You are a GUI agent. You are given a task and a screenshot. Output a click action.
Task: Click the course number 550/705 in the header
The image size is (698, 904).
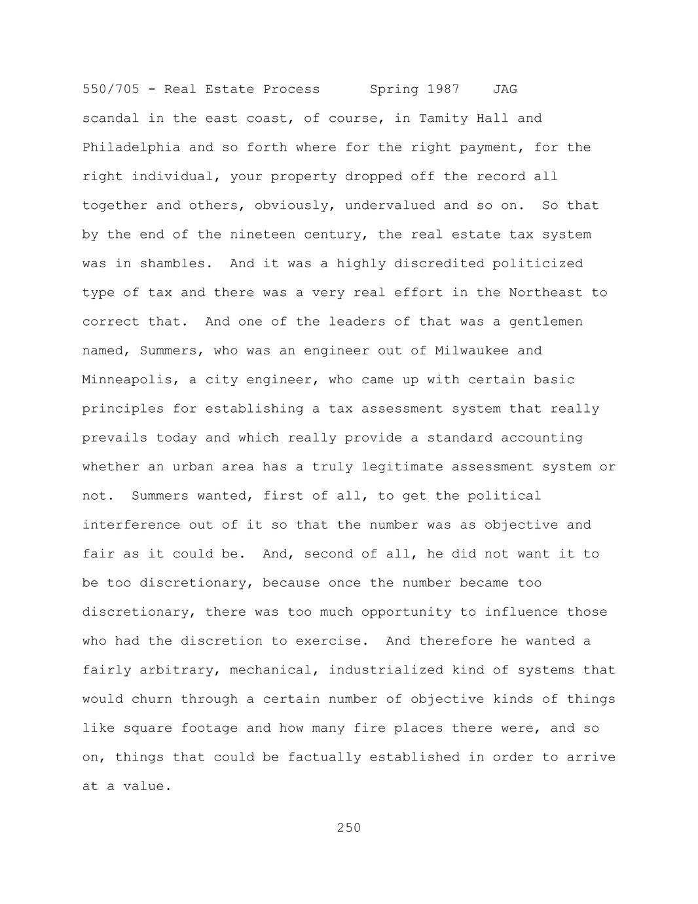pos(111,89)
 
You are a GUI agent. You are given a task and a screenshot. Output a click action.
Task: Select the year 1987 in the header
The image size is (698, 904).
pos(443,89)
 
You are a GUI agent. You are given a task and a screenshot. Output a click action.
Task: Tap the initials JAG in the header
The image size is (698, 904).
pos(505,89)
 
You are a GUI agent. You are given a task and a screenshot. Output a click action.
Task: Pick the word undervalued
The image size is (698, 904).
pos(390,206)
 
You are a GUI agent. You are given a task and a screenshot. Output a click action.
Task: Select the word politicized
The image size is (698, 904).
pos(538,263)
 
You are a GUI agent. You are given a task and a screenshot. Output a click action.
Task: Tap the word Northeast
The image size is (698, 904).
pos(545,293)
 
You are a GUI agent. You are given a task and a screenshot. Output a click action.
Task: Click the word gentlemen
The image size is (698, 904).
pos(545,322)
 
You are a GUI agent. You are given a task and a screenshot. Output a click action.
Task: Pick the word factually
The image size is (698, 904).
pos(324,757)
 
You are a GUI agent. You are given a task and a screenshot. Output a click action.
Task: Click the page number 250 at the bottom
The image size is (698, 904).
pos(348,828)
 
